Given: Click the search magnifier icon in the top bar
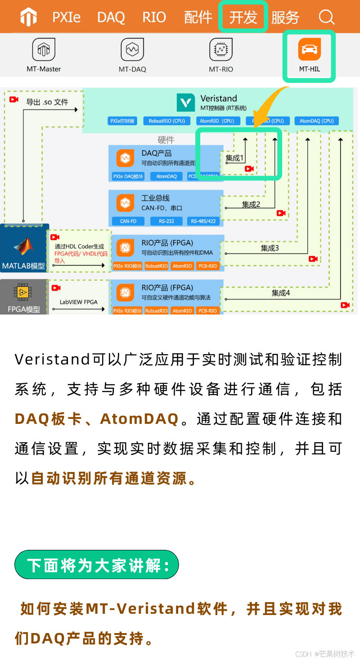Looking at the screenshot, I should coord(327,17).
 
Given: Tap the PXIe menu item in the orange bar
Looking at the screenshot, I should coord(66,18).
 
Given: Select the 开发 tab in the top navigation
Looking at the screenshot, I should coord(243,18).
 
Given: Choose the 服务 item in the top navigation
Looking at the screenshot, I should coord(285,18).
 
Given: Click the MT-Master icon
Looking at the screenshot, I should coord(44,49).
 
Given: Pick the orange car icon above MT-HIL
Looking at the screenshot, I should coord(309,49).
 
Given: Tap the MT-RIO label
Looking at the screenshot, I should coord(220,69).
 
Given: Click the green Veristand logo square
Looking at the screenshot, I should coord(186,103).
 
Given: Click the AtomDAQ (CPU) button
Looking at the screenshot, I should coord(317,121).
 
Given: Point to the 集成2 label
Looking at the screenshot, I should coord(251,204).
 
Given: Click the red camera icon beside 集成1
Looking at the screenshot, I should coord(249,169).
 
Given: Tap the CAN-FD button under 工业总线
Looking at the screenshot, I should coord(128,221).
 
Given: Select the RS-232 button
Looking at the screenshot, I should coord(166,221).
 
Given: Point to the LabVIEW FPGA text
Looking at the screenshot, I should coord(79,302).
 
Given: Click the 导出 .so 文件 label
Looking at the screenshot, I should coord(47,102).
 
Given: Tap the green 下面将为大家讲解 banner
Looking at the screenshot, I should coord(97,565).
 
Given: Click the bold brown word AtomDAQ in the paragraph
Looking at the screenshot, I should coord(139,419).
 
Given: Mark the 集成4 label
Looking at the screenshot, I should coord(281,293).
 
